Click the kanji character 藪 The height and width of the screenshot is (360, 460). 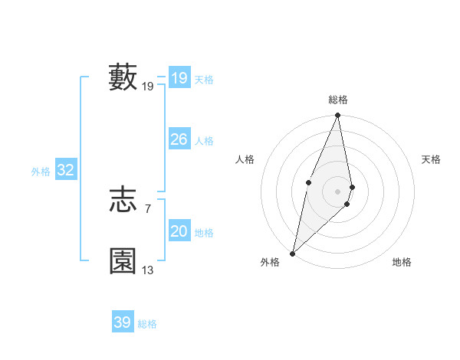tap(123, 77)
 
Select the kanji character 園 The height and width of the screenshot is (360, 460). tap(123, 260)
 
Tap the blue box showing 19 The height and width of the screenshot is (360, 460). tap(179, 78)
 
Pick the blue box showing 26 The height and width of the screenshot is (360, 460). tap(179, 139)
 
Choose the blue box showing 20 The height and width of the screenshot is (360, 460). tap(179, 231)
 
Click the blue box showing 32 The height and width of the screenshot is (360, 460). tap(65, 170)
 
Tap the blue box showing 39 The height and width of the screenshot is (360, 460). tap(122, 322)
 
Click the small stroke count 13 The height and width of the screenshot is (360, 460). tap(148, 270)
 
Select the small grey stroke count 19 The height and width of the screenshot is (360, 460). tap(148, 87)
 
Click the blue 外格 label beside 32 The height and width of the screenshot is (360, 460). tap(41, 172)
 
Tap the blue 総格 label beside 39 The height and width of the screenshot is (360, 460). tap(147, 324)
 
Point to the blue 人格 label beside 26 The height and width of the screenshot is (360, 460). tap(204, 141)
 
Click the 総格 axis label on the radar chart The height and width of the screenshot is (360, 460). tap(338, 100)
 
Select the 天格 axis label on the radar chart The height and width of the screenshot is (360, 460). tap(431, 159)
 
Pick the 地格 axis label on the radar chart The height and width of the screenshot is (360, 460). tap(402, 263)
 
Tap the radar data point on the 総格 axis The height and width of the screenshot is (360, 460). tap(338, 116)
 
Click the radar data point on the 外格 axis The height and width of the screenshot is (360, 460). tap(293, 253)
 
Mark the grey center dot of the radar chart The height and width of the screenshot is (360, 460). tap(338, 191)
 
